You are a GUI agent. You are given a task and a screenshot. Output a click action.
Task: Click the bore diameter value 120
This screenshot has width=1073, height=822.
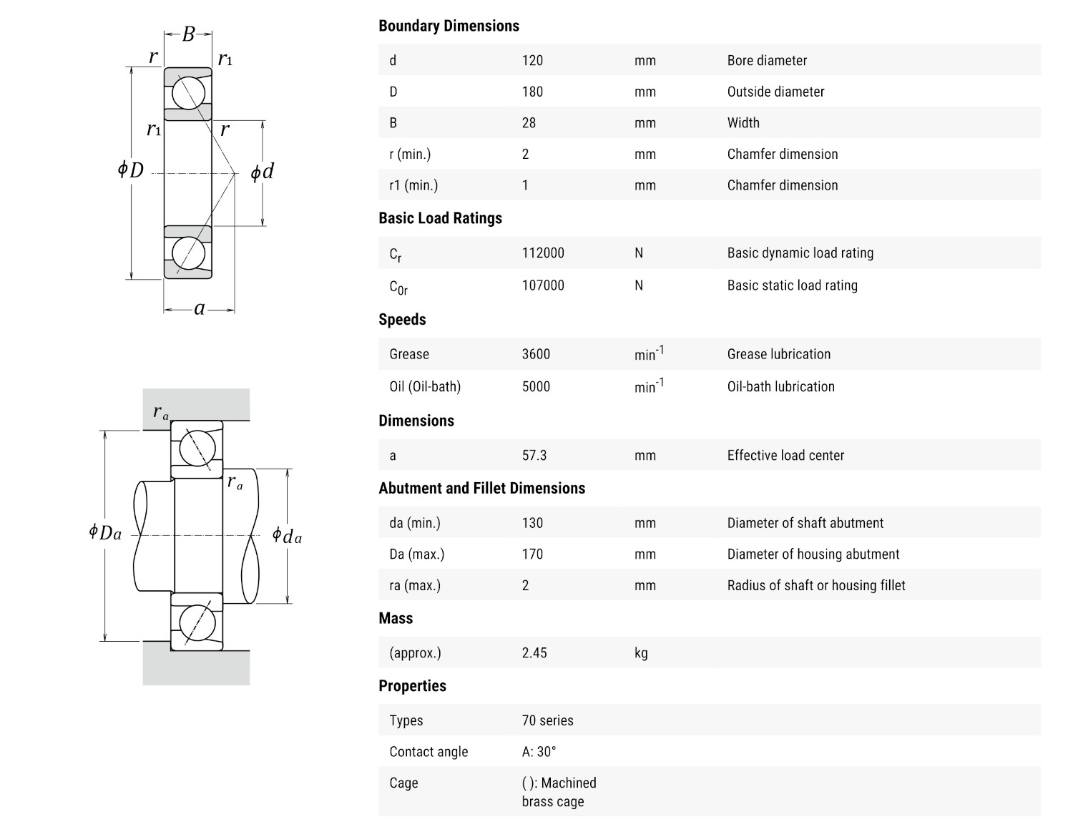pyautogui.click(x=532, y=61)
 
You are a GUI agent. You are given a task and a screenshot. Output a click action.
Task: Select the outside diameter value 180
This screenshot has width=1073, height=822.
pyautogui.click(x=532, y=92)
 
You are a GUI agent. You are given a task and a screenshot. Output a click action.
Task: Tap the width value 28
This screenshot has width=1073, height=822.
pyautogui.click(x=529, y=123)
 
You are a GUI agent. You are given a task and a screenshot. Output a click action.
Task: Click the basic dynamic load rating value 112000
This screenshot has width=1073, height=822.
pyautogui.click(x=543, y=253)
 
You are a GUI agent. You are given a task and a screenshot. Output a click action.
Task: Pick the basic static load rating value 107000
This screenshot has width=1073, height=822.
pyautogui.click(x=543, y=285)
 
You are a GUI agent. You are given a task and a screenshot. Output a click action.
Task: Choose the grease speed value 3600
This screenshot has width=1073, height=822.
pyautogui.click(x=536, y=354)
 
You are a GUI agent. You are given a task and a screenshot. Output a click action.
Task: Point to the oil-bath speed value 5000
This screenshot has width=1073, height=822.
pyautogui.click(x=536, y=387)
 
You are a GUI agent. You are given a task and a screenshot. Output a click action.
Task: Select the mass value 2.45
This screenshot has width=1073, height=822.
pyautogui.click(x=534, y=653)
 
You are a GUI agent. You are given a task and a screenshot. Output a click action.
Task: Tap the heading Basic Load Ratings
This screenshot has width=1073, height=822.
pyautogui.click(x=440, y=218)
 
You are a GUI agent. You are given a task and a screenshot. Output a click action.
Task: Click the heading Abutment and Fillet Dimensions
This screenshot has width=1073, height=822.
pyautogui.click(x=481, y=489)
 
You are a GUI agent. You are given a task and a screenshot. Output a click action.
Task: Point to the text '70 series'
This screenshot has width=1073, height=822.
pyautogui.click(x=547, y=721)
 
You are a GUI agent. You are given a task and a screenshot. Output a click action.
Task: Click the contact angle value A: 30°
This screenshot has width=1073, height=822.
pyautogui.click(x=539, y=752)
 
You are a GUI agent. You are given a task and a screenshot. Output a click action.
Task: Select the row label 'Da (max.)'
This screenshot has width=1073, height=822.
pyautogui.click(x=416, y=554)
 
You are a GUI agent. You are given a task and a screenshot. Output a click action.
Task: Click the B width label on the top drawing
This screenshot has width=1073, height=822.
pyautogui.click(x=188, y=34)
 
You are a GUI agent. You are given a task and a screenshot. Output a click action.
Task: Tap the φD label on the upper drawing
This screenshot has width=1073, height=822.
pyautogui.click(x=131, y=170)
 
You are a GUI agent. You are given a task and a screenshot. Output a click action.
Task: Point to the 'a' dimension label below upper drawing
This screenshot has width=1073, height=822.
pyautogui.click(x=200, y=308)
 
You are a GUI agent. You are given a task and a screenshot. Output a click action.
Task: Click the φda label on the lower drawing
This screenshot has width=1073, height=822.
pyautogui.click(x=287, y=536)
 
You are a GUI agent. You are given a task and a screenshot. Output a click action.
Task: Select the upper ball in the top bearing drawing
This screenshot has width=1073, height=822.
pyautogui.click(x=189, y=94)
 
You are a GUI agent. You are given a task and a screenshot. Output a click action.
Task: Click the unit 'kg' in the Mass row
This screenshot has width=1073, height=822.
pyautogui.click(x=641, y=653)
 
